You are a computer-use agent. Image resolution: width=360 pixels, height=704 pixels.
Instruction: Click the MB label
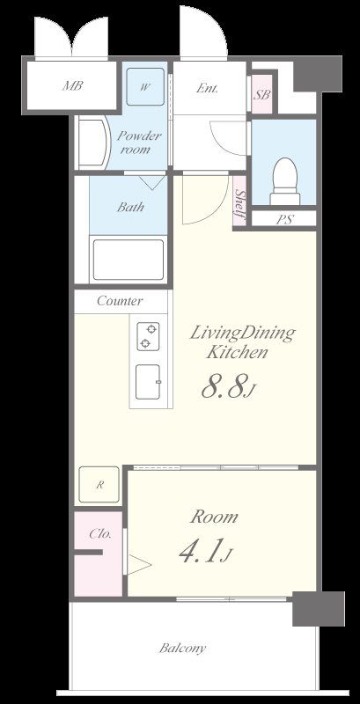point(72,85)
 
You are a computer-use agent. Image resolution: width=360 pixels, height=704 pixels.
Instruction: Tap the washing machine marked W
point(145,86)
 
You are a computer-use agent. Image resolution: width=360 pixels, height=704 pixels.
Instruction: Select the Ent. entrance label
point(207,88)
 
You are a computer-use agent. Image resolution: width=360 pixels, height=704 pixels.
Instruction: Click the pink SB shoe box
point(261,94)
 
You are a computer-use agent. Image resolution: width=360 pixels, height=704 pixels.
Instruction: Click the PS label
point(284,219)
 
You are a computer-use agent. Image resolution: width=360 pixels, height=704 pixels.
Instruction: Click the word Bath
point(130,207)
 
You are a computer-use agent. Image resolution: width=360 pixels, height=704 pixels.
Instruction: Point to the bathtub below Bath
point(128,260)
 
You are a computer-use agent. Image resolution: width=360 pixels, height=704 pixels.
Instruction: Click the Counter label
point(120,301)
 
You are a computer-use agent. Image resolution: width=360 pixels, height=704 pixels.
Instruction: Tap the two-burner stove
point(148,336)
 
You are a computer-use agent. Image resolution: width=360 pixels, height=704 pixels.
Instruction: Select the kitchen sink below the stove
point(148,381)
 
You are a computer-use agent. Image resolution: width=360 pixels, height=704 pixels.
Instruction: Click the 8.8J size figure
point(229,387)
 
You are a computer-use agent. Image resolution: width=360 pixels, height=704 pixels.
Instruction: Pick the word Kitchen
point(237,353)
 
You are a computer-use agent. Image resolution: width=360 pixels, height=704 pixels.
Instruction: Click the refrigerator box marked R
point(99,485)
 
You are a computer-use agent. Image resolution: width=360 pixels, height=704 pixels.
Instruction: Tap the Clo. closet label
point(100,534)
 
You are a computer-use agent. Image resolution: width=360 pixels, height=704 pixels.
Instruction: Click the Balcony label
point(183,648)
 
